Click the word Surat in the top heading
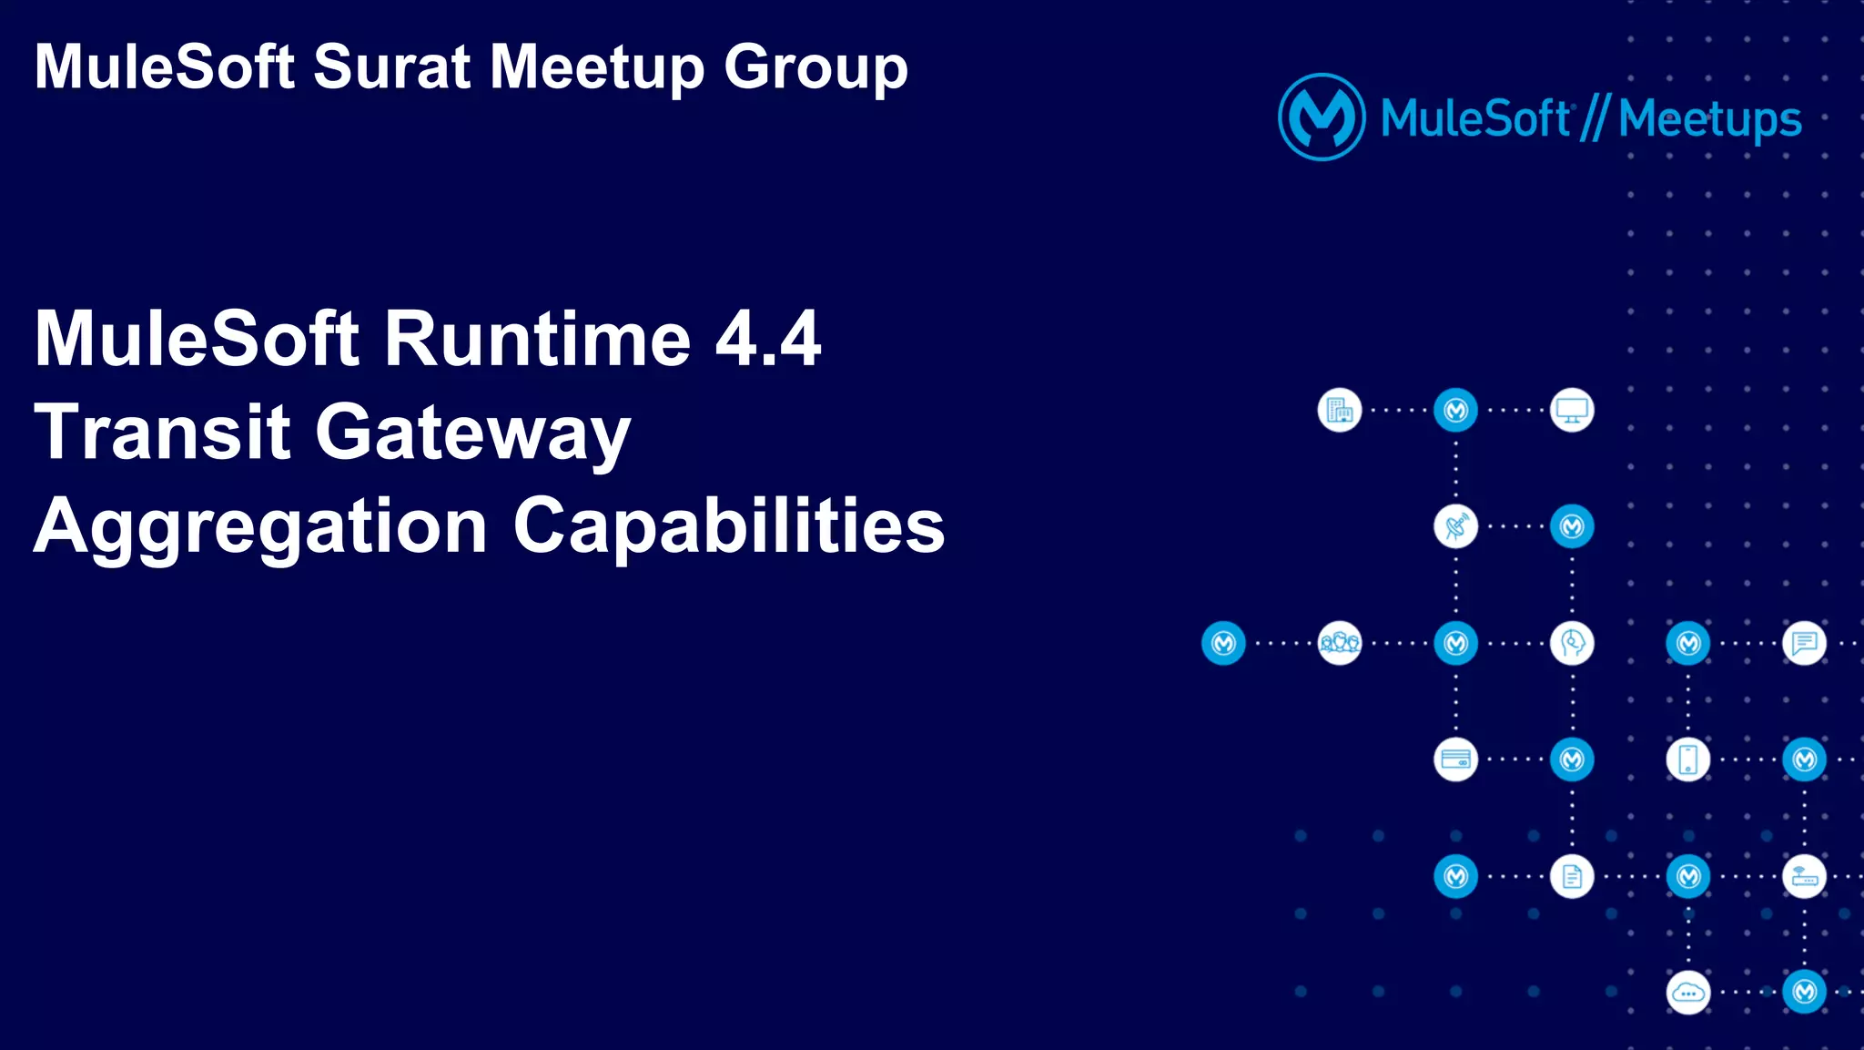pos(391,67)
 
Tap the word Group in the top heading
pos(815,69)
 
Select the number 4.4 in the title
pos(768,339)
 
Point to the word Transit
pos(162,433)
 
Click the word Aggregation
pos(260,528)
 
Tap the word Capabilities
pos(729,526)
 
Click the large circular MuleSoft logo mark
pos(1322,117)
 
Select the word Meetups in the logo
pos(1710,120)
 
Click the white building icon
pos(1340,411)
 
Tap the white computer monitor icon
pos(1572,411)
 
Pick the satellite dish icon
pos(1455,526)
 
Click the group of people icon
pos(1340,643)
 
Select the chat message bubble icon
pos(1804,643)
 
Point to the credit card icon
pos(1455,759)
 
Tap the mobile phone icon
pos(1688,759)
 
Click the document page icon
pos(1572,876)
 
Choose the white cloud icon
pos(1688,993)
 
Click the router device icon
pos(1804,876)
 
